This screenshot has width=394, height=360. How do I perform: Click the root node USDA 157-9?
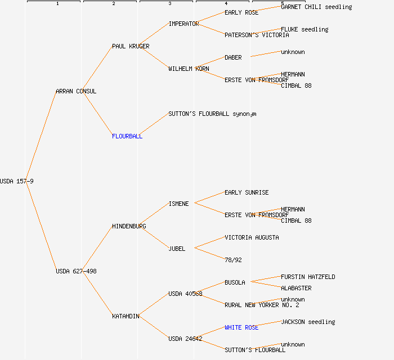point(17,181)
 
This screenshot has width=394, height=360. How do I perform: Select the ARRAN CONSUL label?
point(76,91)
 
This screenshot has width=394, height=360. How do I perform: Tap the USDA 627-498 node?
point(76,271)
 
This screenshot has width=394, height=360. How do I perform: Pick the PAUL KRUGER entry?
point(131,46)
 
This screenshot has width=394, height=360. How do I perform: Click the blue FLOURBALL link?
point(127,136)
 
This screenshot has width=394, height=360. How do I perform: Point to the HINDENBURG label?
point(129,226)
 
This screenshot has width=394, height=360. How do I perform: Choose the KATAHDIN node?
point(126,316)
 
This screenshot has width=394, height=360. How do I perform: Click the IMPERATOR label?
point(183,24)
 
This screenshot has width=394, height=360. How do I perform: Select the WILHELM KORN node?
point(189,69)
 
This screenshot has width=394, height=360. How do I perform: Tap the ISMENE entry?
point(178,204)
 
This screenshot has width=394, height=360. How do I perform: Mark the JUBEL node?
point(177,249)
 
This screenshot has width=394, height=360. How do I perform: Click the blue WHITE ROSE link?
point(241,327)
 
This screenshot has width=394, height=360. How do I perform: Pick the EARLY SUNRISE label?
point(247,192)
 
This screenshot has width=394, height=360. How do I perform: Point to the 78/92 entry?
point(233,260)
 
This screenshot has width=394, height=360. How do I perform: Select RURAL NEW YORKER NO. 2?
point(262,305)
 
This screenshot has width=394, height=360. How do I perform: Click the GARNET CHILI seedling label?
point(316,7)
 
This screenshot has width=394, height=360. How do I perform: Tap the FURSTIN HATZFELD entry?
point(308,277)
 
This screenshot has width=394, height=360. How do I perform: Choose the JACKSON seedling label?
point(308,322)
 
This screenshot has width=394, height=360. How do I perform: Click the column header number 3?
point(169,4)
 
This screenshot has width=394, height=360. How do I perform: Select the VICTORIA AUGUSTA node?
point(252,237)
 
